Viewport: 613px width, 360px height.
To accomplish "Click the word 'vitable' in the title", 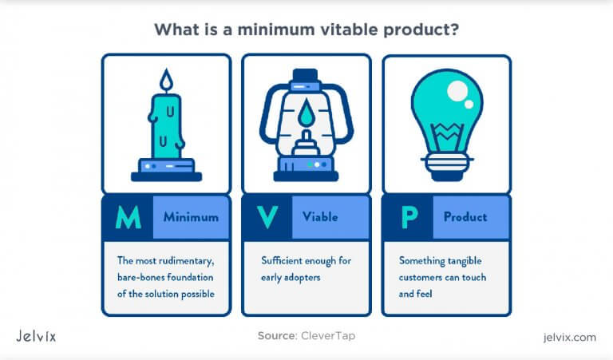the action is click(x=347, y=30).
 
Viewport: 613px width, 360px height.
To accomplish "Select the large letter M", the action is click(x=129, y=217).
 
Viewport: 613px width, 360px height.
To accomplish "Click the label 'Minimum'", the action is click(x=191, y=217).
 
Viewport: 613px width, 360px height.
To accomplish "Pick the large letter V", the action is click(x=268, y=217).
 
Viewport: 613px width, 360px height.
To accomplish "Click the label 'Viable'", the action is click(x=320, y=216).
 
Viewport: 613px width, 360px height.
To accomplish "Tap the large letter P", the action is click(x=409, y=217).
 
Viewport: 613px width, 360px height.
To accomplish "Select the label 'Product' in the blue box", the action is click(x=465, y=217).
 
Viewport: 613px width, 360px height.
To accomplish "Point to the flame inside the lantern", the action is click(x=306, y=113).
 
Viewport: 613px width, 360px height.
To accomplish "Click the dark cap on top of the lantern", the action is click(x=306, y=75).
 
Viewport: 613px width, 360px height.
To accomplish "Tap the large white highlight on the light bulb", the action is click(x=457, y=91).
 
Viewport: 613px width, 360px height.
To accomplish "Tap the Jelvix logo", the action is click(x=36, y=336).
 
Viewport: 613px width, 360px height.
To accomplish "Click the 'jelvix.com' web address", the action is click(x=570, y=337).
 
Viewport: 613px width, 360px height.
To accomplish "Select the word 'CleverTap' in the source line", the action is click(x=328, y=336).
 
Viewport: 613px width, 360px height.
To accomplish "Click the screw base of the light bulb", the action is click(x=447, y=166).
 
